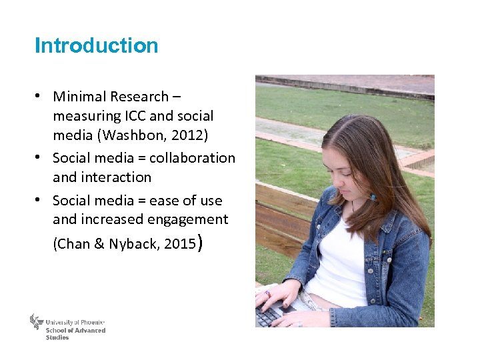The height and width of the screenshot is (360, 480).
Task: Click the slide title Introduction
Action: click(x=96, y=45)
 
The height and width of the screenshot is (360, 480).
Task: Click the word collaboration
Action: click(x=192, y=158)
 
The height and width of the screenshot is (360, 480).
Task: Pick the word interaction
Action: click(x=116, y=177)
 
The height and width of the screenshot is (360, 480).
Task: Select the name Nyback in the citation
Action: click(x=133, y=244)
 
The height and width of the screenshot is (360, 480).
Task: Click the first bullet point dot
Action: click(x=40, y=96)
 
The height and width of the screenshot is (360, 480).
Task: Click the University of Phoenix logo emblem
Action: click(x=36, y=322)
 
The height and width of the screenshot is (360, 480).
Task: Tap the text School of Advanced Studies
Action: click(x=75, y=333)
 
